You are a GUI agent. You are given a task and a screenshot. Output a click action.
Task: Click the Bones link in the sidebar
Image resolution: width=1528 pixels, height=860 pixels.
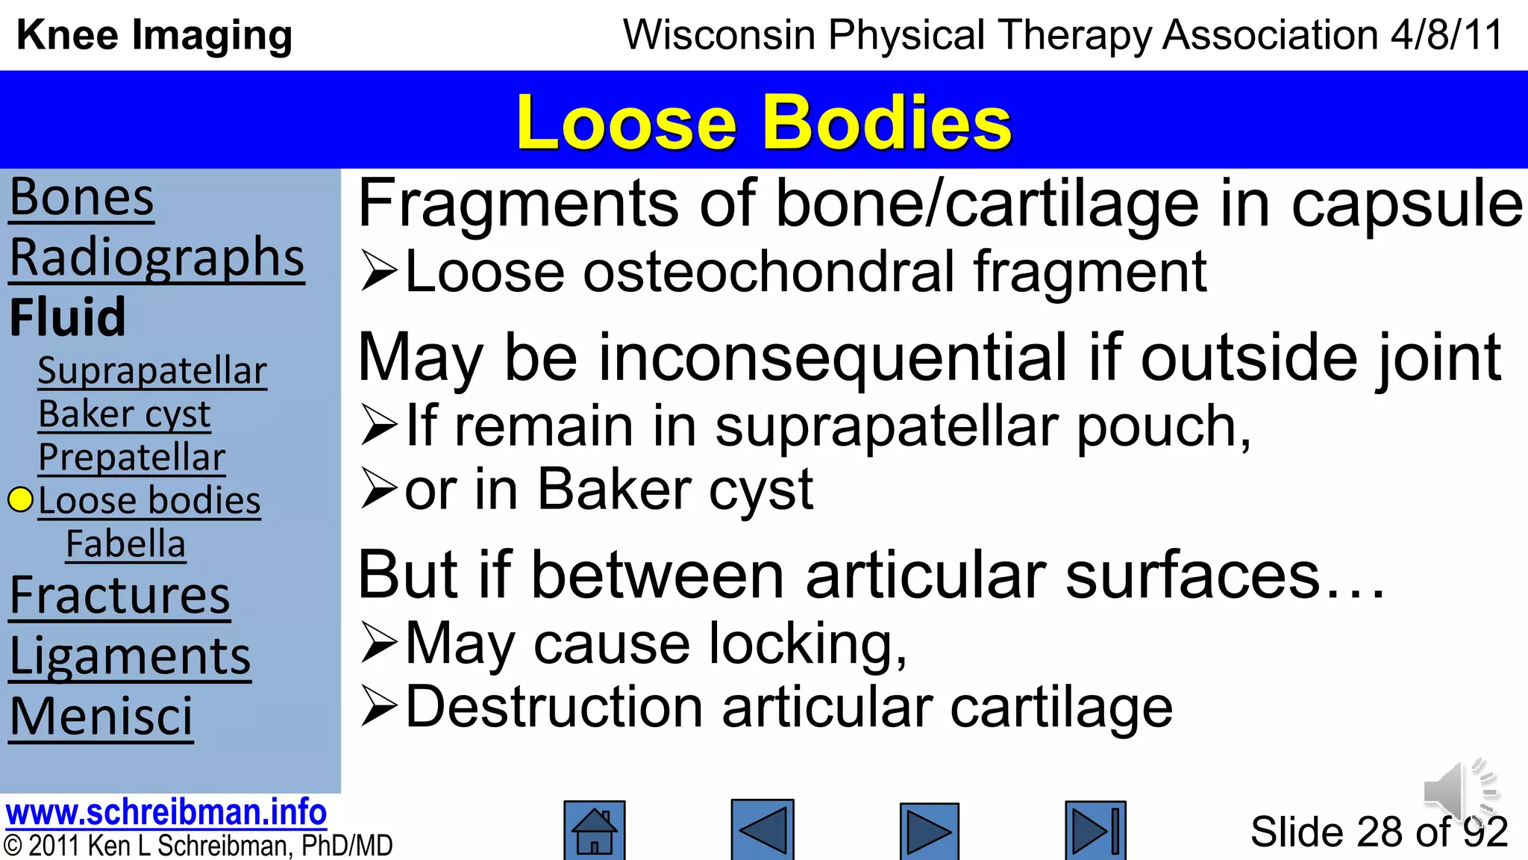tap(81, 199)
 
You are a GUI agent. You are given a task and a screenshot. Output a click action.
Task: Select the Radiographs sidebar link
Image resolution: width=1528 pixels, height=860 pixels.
tap(157, 258)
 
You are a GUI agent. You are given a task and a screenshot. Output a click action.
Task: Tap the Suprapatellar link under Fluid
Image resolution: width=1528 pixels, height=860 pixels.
tap(152, 371)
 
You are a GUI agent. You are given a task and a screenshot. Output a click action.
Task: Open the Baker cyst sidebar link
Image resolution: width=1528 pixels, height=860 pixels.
tap(125, 414)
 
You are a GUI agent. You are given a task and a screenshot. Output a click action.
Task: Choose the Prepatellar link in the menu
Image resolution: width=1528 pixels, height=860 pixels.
tap(132, 458)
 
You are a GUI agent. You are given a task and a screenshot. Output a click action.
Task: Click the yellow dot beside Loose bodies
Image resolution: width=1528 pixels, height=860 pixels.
tap(21, 500)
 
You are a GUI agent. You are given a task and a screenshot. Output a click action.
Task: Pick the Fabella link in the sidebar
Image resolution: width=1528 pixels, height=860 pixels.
tap(125, 544)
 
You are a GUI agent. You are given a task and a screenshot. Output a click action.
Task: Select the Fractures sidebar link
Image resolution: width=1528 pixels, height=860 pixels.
tap(120, 596)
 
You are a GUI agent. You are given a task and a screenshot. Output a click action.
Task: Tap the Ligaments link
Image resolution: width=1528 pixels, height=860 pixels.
tap(130, 657)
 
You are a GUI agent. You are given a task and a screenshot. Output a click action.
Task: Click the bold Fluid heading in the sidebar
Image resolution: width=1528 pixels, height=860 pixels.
tap(67, 317)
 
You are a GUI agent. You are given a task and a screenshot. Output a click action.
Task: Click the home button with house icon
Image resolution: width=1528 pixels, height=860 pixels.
tap(594, 830)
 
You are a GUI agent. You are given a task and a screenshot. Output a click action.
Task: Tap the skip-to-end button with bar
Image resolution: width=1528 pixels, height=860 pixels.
tap(1095, 830)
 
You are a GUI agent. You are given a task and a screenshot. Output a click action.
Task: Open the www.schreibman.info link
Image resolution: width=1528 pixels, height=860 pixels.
tap(166, 812)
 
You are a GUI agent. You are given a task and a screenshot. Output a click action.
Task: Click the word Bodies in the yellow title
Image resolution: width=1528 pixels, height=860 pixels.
tap(886, 123)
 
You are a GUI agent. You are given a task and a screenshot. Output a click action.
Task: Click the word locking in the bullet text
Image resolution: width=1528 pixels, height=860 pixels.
tap(806, 644)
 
